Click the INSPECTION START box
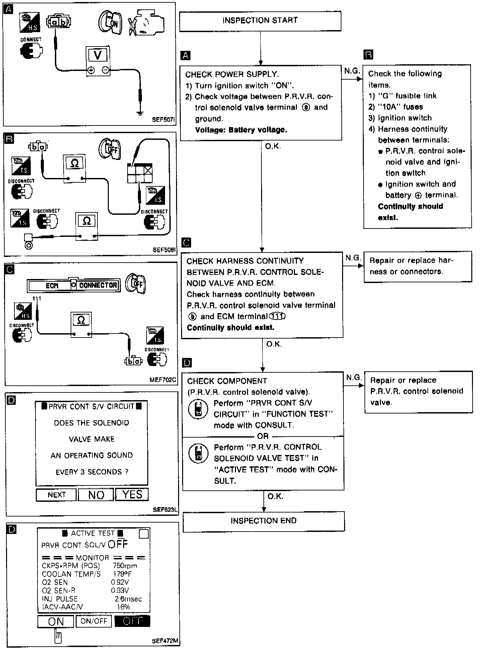click(x=260, y=21)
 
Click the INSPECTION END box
click(x=263, y=521)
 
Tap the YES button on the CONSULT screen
click(x=132, y=494)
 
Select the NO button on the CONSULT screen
click(x=96, y=495)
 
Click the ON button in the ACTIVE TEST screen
click(x=56, y=622)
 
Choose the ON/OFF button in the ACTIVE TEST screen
click(x=94, y=621)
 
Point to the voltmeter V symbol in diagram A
click(x=98, y=55)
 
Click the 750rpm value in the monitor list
click(x=125, y=566)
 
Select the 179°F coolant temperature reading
click(x=123, y=574)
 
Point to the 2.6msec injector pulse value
click(x=128, y=599)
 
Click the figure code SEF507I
click(x=163, y=119)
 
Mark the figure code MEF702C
click(x=163, y=380)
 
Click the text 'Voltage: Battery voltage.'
click(x=241, y=130)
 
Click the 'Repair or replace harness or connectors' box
click(x=417, y=266)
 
